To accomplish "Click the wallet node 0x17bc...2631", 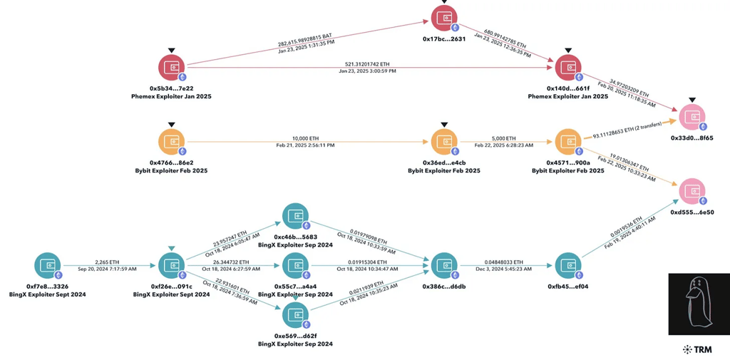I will click(445, 18).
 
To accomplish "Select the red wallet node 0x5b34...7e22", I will click(171, 68).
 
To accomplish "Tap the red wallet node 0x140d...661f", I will click(567, 68).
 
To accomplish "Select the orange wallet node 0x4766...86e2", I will click(171, 142).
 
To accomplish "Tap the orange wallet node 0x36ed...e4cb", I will click(445, 142).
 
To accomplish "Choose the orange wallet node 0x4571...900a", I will click(567, 142).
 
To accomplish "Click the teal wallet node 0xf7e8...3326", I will click(48, 266).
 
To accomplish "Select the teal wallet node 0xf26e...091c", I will click(171, 266).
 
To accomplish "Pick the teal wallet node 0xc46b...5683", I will click(294, 217).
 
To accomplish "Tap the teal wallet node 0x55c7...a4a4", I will click(294, 266).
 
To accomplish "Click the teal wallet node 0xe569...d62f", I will click(294, 315).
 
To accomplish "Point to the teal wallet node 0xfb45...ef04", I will click(567, 266).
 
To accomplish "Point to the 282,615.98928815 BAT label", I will click(304, 39).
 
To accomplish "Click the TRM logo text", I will click(702, 349).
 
